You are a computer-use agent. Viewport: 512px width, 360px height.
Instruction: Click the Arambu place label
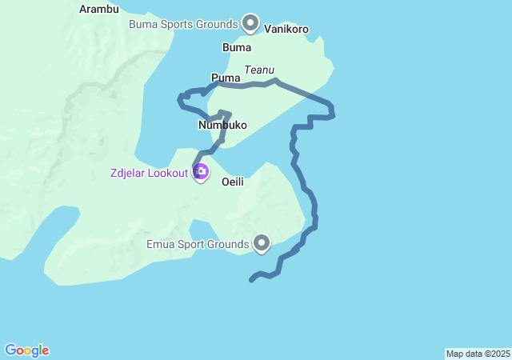(100, 10)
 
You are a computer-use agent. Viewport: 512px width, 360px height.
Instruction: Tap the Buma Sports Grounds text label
(183, 24)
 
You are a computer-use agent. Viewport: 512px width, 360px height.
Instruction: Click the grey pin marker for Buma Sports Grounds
(250, 23)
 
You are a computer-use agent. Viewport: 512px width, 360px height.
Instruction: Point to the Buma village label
(237, 47)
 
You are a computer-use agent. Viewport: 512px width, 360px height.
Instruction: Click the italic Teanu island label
(259, 70)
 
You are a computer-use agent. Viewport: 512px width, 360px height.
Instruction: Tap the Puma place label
(226, 78)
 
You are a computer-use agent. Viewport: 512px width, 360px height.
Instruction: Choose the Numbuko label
(222, 126)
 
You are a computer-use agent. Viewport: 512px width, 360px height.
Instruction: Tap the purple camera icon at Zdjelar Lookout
(201, 171)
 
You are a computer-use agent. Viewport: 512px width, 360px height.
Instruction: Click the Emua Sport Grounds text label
(198, 242)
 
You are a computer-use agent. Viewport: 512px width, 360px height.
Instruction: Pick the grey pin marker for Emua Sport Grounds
(262, 242)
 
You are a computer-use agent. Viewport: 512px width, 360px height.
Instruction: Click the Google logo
(26, 350)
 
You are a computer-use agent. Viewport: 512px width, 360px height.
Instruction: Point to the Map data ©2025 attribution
(478, 354)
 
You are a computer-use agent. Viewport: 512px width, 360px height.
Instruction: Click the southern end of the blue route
(251, 280)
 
